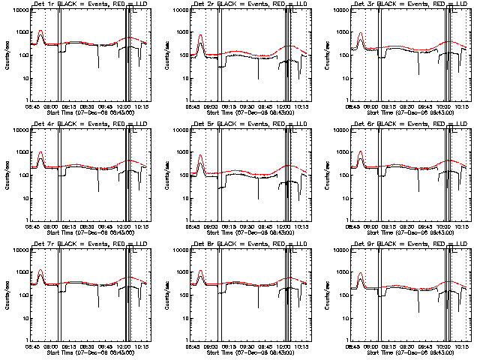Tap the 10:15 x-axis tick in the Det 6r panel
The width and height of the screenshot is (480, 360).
[463, 226]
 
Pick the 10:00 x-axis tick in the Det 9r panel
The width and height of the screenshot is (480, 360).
[444, 346]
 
